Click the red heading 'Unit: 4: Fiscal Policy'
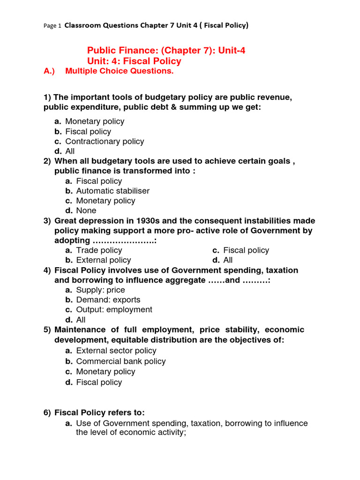[134, 61]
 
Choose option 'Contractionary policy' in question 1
[105, 142]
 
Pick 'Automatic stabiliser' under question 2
[113, 191]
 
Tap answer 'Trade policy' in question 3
[99, 250]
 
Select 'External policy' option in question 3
[104, 260]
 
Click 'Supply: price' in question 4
[100, 290]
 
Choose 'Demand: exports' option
[108, 300]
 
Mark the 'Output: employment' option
[114, 310]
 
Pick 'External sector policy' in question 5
[116, 351]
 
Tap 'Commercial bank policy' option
[121, 361]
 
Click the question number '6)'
[47, 413]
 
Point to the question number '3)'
[47, 221]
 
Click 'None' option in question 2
[86, 210]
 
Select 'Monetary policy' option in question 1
[95, 121]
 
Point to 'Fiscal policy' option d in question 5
[99, 382]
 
